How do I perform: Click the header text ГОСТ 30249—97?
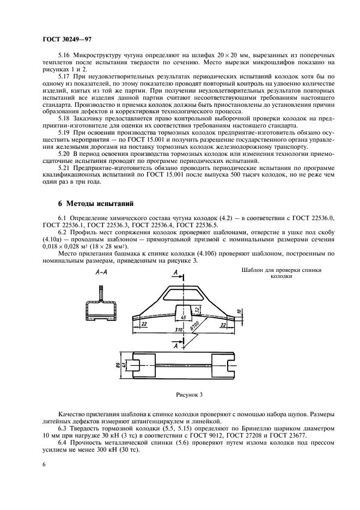(64, 40)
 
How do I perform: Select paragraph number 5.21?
(64, 170)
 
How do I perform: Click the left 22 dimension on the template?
(145, 323)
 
